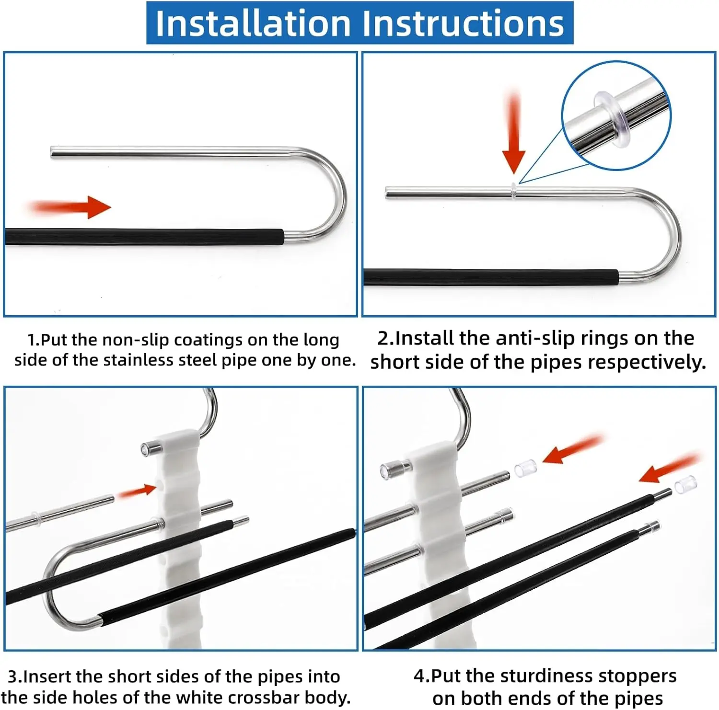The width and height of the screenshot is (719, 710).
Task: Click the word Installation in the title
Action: [x=253, y=23]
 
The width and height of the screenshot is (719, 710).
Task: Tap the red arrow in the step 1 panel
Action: [x=70, y=207]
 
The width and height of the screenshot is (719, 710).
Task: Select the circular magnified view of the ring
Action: [x=616, y=115]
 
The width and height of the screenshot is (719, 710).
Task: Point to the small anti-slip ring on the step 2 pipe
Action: [x=513, y=191]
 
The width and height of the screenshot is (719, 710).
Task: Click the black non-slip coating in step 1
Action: [x=144, y=237]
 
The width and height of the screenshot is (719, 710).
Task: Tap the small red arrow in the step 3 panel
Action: [x=137, y=491]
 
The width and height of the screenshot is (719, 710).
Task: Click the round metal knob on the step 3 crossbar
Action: [x=151, y=449]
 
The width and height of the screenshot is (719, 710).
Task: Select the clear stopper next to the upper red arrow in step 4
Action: [x=525, y=468]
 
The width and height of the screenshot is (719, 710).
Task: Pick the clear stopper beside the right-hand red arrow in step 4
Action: [x=685, y=485]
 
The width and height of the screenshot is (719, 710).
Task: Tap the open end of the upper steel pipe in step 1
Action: [x=52, y=152]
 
